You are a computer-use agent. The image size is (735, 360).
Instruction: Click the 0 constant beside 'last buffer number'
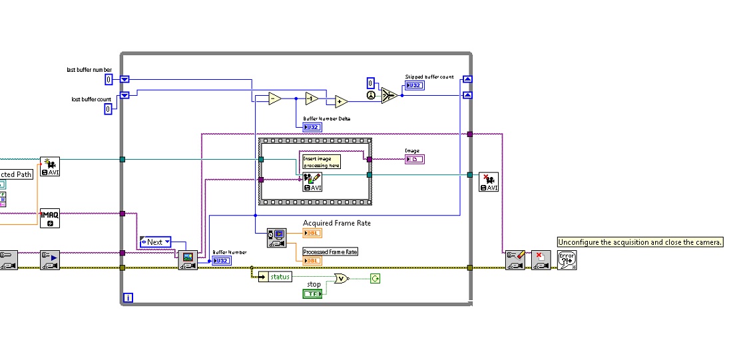click(x=109, y=80)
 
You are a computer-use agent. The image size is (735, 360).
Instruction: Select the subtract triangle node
click(x=274, y=98)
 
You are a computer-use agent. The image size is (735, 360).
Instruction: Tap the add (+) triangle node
click(x=341, y=101)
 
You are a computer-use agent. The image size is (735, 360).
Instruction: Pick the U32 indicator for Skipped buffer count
click(x=414, y=86)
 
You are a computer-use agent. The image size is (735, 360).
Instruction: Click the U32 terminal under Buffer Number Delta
click(x=312, y=126)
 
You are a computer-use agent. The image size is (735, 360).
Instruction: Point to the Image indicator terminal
click(x=414, y=159)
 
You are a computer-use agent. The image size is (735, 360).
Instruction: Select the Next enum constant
click(x=155, y=242)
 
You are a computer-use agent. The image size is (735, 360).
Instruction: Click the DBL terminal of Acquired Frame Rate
click(x=312, y=233)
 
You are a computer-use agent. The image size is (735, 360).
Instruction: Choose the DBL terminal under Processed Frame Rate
click(x=312, y=261)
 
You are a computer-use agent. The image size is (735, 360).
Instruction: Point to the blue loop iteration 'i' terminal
click(x=128, y=297)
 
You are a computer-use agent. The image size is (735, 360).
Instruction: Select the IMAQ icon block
click(x=49, y=218)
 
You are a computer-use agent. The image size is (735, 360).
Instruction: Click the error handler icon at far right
click(x=567, y=260)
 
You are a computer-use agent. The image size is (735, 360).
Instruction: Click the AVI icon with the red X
click(x=489, y=182)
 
